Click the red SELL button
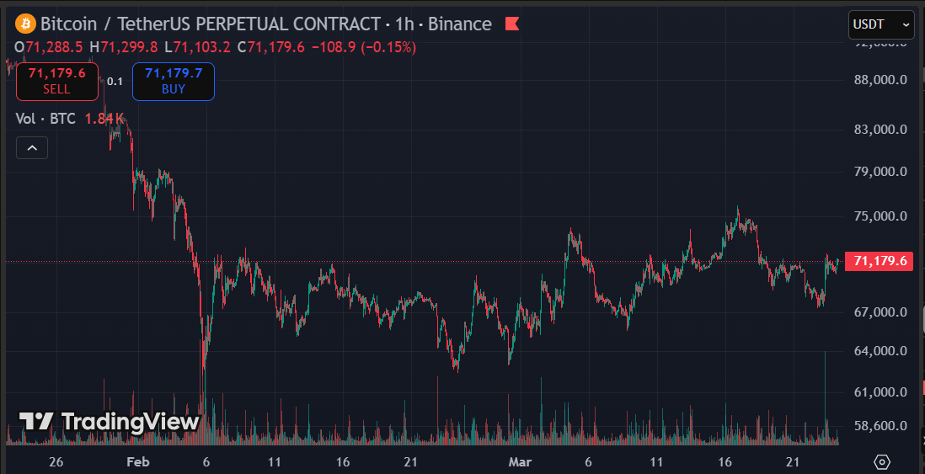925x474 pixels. coord(56,81)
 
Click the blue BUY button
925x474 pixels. coord(174,81)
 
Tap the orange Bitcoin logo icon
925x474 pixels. coord(25,24)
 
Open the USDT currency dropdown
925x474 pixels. coord(880,24)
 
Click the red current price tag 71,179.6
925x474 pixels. coord(880,261)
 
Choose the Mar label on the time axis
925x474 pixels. coord(519,462)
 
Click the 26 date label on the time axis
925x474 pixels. coord(56,462)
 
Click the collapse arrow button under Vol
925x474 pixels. coord(32,148)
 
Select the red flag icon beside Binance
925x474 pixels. coord(512,24)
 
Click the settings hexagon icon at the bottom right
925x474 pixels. coord(882,461)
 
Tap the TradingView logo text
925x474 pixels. coord(110,422)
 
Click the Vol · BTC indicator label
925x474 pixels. coord(46,119)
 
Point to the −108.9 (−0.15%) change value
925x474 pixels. coord(363,47)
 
